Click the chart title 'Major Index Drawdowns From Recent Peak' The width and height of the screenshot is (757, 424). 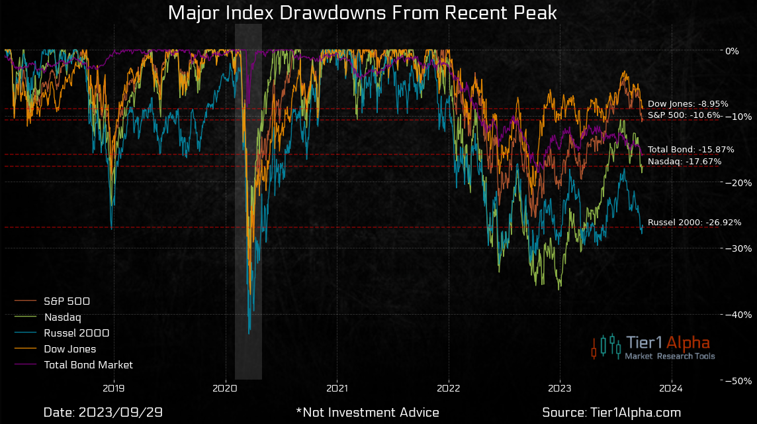coord(362,13)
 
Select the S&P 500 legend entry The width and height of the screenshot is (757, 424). coord(67,301)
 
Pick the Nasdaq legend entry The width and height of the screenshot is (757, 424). coord(62,317)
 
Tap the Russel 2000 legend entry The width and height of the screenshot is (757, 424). coord(76,333)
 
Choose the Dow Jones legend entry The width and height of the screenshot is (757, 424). coord(69,348)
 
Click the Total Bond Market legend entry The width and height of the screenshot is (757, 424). coord(88,364)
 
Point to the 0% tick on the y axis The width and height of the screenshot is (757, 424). coord(732,50)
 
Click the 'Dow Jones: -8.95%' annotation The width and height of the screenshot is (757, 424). coord(688,104)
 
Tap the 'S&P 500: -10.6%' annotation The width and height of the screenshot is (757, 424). coord(684,115)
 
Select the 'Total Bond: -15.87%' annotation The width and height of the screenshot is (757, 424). coord(691,150)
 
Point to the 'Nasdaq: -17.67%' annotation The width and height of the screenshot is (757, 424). coord(684,162)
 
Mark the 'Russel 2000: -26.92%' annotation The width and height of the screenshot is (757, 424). coord(694,223)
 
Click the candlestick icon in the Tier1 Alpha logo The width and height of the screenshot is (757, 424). coord(606,346)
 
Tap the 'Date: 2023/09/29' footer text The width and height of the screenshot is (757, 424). coord(103,412)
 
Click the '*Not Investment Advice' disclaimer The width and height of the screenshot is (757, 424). coord(368,412)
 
